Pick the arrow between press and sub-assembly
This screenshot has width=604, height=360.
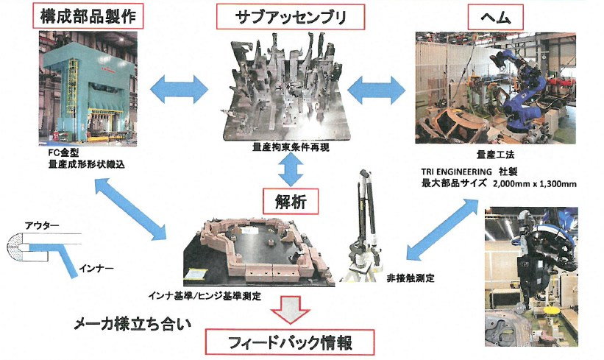(177, 87)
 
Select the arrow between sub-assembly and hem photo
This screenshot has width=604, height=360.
(376, 91)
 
